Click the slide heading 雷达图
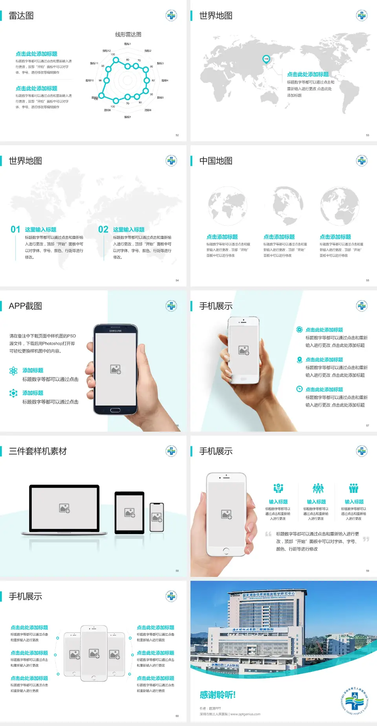point(21,16)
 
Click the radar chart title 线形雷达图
point(128,35)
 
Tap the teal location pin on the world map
point(266,59)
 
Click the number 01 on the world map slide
point(15,230)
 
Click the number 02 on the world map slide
point(103,230)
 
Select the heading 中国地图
point(216,161)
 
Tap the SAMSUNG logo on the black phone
point(115,331)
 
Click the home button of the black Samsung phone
point(115,410)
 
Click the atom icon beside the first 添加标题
point(13,371)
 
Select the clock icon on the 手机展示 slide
point(299,389)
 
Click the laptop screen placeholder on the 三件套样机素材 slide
point(64,508)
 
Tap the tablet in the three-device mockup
point(130,512)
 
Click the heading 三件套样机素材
point(38,451)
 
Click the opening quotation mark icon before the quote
point(268,534)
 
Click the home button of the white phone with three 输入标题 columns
point(226,551)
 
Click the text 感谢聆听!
point(218,695)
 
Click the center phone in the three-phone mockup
point(94,653)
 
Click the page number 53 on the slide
point(368,135)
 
